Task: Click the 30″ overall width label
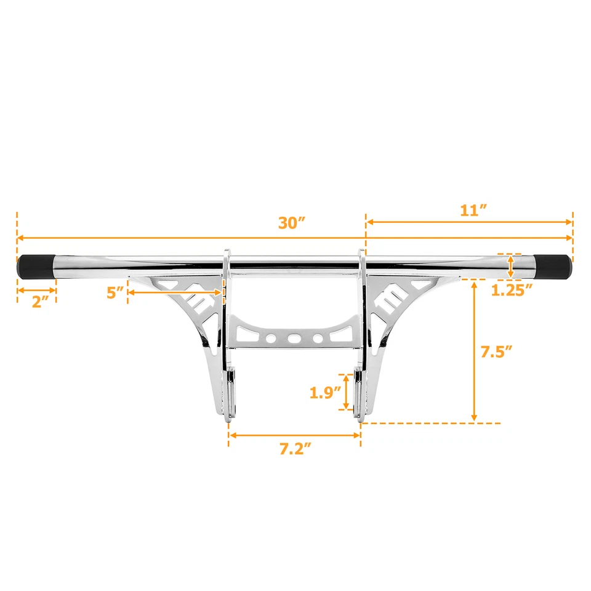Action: pyautogui.click(x=292, y=223)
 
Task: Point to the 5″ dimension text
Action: pyautogui.click(x=115, y=293)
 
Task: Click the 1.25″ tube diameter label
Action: pyautogui.click(x=512, y=291)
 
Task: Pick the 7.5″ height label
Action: pyautogui.click(x=496, y=352)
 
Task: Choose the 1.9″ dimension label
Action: pyautogui.click(x=325, y=393)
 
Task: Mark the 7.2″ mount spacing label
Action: pyautogui.click(x=294, y=449)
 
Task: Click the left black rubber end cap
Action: pyautogui.click(x=38, y=267)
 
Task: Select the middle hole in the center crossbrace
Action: pyautogui.click(x=294, y=338)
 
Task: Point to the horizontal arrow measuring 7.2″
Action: pyautogui.click(x=294, y=435)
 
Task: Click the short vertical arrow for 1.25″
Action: pyautogui.click(x=511, y=267)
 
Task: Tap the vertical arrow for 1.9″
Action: pyautogui.click(x=347, y=392)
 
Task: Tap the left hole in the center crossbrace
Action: pyautogui.click(x=271, y=338)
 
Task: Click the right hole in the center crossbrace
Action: pyautogui.click(x=317, y=338)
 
